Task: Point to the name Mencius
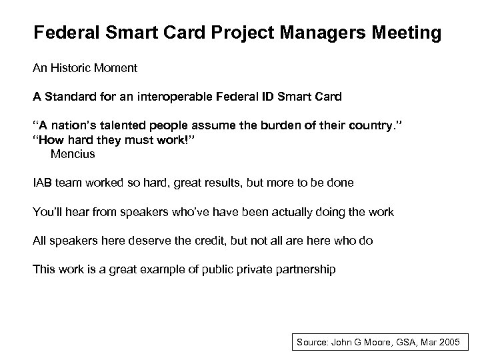point(73,155)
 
